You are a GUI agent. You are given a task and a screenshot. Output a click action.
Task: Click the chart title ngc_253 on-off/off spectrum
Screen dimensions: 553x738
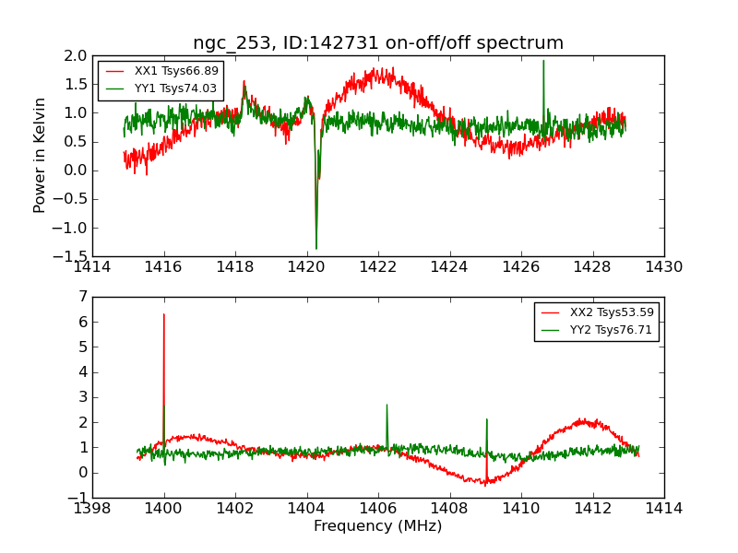[x=378, y=43]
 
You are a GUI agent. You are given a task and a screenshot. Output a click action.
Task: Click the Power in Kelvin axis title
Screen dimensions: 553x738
[x=41, y=155]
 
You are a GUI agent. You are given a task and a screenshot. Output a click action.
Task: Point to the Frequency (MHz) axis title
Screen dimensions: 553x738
[x=378, y=526]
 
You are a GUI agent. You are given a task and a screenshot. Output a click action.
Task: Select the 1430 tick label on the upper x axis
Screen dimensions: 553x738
[x=663, y=267]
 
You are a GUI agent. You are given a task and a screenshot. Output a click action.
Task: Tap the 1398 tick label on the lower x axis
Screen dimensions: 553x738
[x=92, y=509]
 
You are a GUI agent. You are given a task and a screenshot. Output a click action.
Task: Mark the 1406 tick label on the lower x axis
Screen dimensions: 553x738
[x=378, y=509]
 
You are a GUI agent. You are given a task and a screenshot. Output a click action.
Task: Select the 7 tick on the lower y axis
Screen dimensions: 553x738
[x=83, y=297]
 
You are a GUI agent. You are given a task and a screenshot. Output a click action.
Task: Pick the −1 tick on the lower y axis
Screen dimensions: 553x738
[x=77, y=498]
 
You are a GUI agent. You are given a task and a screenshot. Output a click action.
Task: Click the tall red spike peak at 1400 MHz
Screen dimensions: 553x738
[x=164, y=314]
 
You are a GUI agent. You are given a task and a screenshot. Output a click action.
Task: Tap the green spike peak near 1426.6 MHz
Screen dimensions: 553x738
[x=543, y=61]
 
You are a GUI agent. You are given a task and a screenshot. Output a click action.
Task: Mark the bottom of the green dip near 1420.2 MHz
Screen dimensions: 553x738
[x=316, y=249]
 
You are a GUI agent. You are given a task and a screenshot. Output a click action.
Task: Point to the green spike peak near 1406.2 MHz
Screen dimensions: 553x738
[x=387, y=405]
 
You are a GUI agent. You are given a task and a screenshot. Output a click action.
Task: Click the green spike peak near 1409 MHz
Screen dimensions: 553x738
[x=486, y=419]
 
